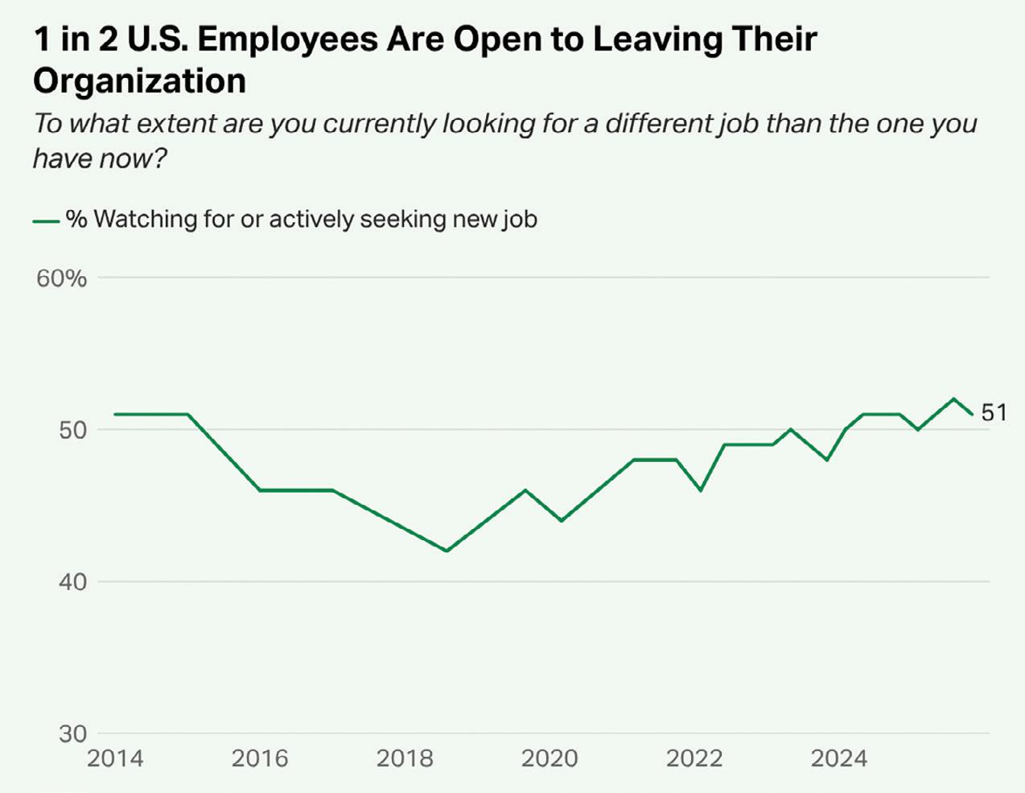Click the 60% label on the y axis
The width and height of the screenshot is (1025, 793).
pyautogui.click(x=61, y=279)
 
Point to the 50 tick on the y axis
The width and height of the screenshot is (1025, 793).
pyautogui.click(x=72, y=430)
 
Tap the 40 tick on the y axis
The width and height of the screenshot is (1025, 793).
pyautogui.click(x=72, y=581)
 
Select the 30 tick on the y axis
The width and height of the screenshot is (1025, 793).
pyautogui.click(x=72, y=733)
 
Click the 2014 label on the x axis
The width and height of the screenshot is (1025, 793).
pyautogui.click(x=115, y=758)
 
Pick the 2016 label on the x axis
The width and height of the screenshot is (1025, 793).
pyautogui.click(x=260, y=758)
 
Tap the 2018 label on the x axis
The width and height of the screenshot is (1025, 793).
pyautogui.click(x=405, y=758)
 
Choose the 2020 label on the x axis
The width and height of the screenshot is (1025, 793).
pyautogui.click(x=550, y=758)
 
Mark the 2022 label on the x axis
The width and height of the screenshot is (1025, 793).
pyautogui.click(x=694, y=758)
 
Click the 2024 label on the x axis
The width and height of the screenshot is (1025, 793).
pyautogui.click(x=839, y=758)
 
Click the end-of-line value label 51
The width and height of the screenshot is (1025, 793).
pyautogui.click(x=994, y=413)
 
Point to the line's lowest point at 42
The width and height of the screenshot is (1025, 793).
pyautogui.click(x=447, y=551)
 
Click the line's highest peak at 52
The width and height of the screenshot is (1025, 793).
pyautogui.click(x=953, y=399)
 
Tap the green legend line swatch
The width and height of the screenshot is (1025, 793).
pyautogui.click(x=46, y=220)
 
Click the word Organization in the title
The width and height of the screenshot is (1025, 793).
pyautogui.click(x=140, y=81)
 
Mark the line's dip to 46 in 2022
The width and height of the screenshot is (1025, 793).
pyautogui.click(x=701, y=489)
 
